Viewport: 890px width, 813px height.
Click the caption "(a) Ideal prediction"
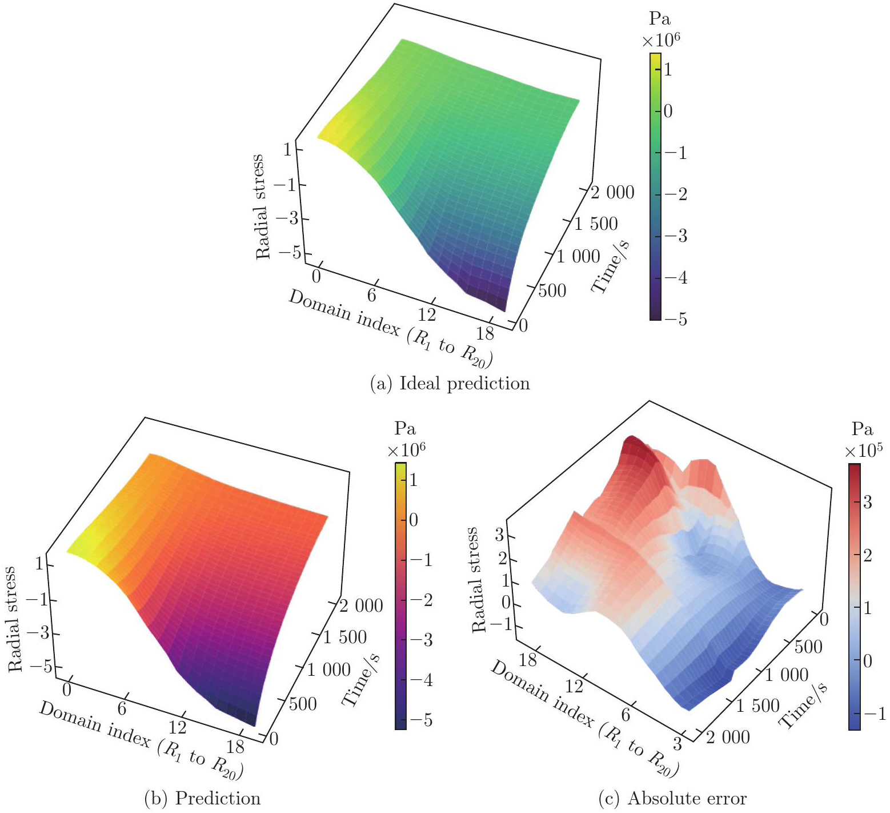(450, 383)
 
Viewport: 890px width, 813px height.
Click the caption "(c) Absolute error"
(672, 798)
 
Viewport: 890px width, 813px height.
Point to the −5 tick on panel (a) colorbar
(675, 319)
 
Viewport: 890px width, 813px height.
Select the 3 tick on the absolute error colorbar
(867, 503)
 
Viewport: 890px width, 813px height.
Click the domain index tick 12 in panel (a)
(426, 314)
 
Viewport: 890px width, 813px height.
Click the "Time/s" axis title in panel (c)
(804, 706)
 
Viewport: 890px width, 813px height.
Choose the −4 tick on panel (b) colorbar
(419, 680)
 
